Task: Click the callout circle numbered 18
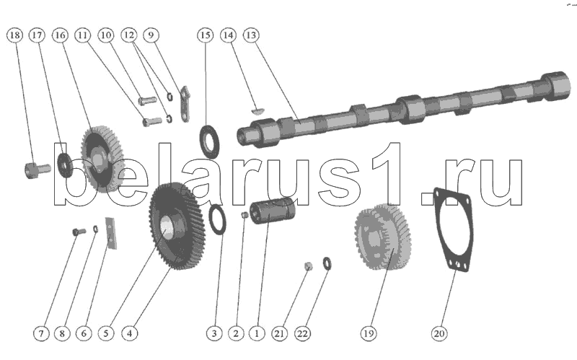14,35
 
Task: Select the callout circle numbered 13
251,35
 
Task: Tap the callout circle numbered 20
439,333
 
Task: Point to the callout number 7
41,333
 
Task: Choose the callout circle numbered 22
302,333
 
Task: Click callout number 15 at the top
206,35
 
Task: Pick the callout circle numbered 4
129,333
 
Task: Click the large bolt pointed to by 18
38,170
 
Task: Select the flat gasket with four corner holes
453,229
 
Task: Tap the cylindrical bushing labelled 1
272,210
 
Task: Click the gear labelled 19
383,237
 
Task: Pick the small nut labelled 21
309,265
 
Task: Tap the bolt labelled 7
79,232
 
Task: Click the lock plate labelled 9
185,104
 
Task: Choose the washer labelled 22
327,263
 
